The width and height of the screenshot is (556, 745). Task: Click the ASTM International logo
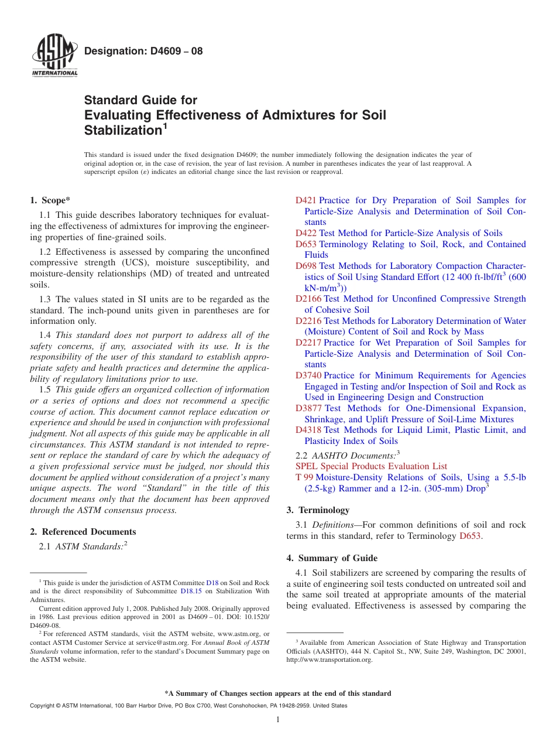pyautogui.click(x=54, y=56)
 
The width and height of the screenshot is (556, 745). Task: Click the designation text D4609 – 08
pyautogui.click(x=143, y=51)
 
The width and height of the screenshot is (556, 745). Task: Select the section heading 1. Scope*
pyautogui.click(x=50, y=200)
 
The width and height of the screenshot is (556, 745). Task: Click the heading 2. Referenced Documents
pyautogui.click(x=83, y=532)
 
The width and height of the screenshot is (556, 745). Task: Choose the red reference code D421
pyautogui.click(x=306, y=200)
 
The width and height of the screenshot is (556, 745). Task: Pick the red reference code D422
pyautogui.click(x=306, y=233)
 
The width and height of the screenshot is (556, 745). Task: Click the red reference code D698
pyautogui.click(x=306, y=266)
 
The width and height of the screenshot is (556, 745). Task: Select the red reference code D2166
pyautogui.click(x=308, y=299)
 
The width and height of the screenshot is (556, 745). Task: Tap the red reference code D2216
pyautogui.click(x=308, y=321)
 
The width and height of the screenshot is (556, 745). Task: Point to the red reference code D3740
pyautogui.click(x=308, y=375)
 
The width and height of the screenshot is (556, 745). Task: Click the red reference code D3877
pyautogui.click(x=308, y=408)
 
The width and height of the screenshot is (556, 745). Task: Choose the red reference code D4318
pyautogui.click(x=308, y=430)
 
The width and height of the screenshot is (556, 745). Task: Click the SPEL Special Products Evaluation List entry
pyautogui.click(x=371, y=466)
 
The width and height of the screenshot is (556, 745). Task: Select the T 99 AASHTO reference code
pyautogui.click(x=304, y=477)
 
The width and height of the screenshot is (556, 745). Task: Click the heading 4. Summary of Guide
pyautogui.click(x=332, y=558)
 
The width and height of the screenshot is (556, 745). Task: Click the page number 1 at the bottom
pyautogui.click(x=278, y=720)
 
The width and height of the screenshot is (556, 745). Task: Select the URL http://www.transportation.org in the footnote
pyautogui.click(x=328, y=659)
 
